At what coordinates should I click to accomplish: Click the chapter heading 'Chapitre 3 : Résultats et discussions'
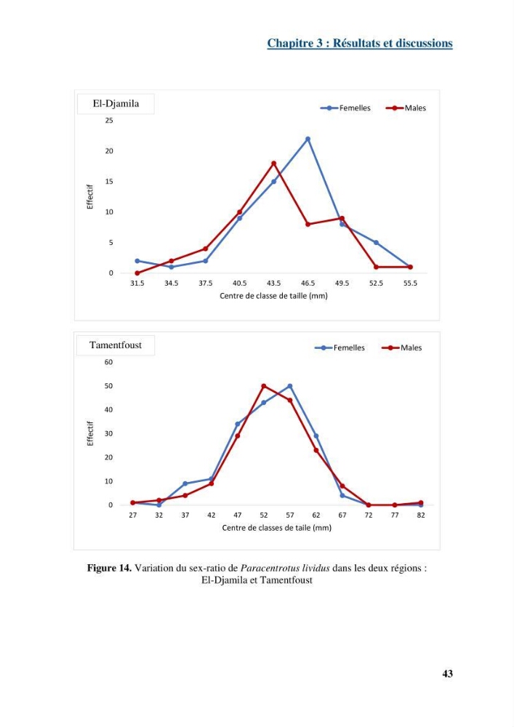(360, 43)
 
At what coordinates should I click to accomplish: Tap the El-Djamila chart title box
(116, 103)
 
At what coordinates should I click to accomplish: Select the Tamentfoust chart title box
(116, 345)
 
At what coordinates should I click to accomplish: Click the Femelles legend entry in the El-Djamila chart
(345, 108)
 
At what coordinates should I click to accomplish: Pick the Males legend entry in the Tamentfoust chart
(401, 348)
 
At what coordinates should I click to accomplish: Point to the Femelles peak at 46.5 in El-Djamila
(308, 139)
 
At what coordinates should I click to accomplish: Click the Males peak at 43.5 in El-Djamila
(273, 163)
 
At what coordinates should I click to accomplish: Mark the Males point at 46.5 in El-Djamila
(308, 224)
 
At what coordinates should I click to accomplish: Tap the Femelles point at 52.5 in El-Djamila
(376, 243)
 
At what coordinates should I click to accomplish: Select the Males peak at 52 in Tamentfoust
(264, 386)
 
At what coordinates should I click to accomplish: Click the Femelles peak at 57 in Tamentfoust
(289, 386)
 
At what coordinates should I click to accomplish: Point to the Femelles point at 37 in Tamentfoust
(185, 483)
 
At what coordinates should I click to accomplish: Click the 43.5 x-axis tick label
(273, 284)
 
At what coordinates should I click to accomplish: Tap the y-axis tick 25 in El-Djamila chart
(109, 121)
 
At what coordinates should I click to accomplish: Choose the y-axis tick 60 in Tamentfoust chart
(108, 362)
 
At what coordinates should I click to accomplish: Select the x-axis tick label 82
(421, 515)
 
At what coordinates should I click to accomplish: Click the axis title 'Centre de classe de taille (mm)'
(273, 296)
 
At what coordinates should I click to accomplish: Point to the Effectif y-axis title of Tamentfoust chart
(90, 433)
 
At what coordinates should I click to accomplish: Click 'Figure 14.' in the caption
(109, 568)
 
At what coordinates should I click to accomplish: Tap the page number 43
(447, 674)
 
